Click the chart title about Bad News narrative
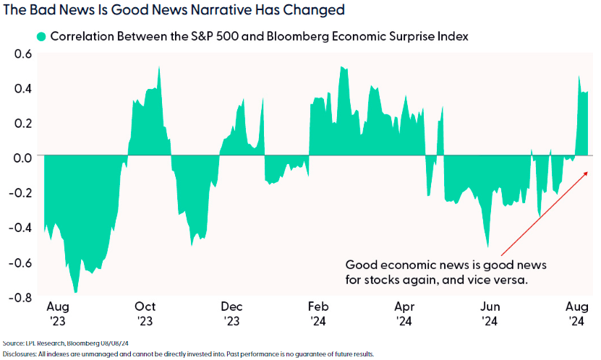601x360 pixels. [x=173, y=11]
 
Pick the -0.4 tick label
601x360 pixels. [x=21, y=227]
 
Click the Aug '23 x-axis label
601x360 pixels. [x=58, y=313]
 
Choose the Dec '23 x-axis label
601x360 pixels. [x=231, y=313]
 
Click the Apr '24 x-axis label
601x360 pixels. [x=404, y=313]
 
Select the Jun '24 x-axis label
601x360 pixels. [x=490, y=313]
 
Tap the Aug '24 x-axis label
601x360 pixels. [x=576, y=313]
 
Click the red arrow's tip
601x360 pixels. [x=588, y=171]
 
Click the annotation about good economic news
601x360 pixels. [x=438, y=271]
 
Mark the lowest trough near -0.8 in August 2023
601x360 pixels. [x=75, y=291]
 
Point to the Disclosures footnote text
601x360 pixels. [x=188, y=353]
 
